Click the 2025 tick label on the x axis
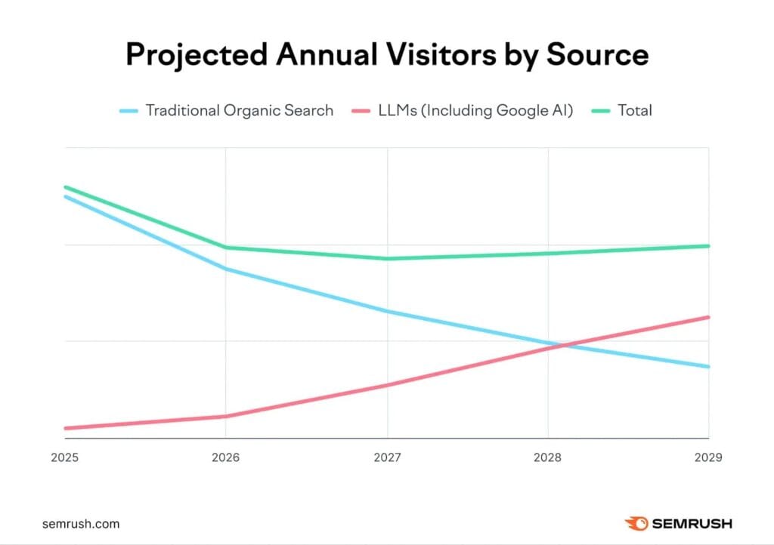click(x=66, y=457)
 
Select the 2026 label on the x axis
click(x=225, y=457)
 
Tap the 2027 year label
click(x=387, y=457)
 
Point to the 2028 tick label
click(x=548, y=457)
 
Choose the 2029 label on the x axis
click(x=708, y=457)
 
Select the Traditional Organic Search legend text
click(x=240, y=110)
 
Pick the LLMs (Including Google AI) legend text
click(x=475, y=110)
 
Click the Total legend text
click(x=635, y=110)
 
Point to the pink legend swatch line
click(x=364, y=111)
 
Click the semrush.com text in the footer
click(x=81, y=523)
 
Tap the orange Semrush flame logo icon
click(x=635, y=522)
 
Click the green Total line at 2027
click(x=388, y=259)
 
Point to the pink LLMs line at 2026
click(x=225, y=417)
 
